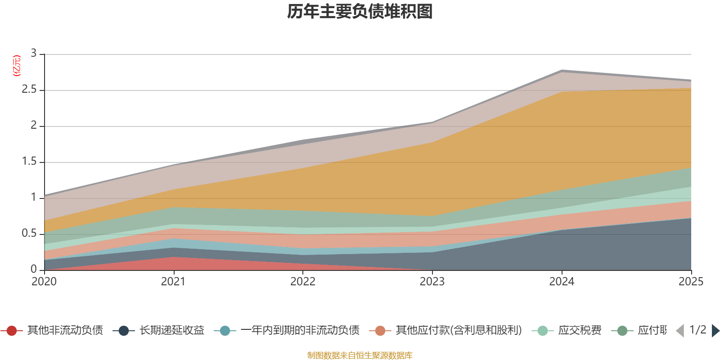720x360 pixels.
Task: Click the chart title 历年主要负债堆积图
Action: click(x=360, y=12)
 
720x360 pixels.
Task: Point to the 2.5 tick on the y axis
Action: click(x=30, y=90)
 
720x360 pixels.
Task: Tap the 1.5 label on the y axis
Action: click(x=30, y=162)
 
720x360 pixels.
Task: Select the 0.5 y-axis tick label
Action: click(x=30, y=234)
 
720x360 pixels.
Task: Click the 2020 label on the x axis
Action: click(x=44, y=282)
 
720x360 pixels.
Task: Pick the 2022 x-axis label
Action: click(x=303, y=282)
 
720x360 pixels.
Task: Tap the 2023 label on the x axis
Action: click(x=432, y=282)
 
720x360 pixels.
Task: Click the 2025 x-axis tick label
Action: click(x=690, y=282)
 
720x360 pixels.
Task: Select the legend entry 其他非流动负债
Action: click(x=65, y=331)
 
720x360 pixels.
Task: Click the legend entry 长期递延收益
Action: click(x=171, y=331)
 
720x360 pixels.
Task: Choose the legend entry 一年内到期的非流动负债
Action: click(x=300, y=331)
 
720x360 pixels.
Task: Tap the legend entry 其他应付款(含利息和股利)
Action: click(x=458, y=331)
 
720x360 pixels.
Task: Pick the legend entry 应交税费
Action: click(x=580, y=331)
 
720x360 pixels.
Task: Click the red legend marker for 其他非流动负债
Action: click(x=12, y=331)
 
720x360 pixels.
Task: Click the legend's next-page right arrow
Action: click(x=715, y=331)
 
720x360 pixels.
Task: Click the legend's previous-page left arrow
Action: click(x=680, y=331)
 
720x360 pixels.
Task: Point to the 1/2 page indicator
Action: click(x=697, y=330)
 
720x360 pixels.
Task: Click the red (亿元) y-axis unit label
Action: click(x=16, y=66)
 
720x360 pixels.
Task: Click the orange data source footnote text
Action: click(x=360, y=355)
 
